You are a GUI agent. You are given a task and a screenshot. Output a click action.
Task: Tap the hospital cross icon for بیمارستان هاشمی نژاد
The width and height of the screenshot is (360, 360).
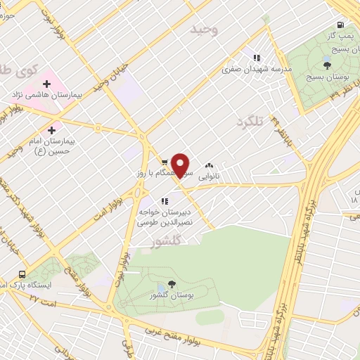[x=46, y=84]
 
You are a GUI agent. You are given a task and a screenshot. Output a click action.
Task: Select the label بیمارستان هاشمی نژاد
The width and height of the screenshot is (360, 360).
[x=48, y=94]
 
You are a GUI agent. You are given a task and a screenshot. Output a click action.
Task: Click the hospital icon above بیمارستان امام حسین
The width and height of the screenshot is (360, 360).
[x=51, y=130]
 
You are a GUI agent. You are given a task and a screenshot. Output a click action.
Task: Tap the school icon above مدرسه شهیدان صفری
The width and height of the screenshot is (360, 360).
[x=257, y=57]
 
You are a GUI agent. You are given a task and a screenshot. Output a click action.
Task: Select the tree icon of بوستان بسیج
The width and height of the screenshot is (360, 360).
[x=329, y=50]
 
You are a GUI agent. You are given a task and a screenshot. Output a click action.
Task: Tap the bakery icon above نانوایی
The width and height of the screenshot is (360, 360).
[x=209, y=166]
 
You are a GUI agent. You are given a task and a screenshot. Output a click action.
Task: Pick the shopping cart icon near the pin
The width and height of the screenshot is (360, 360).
[x=164, y=160]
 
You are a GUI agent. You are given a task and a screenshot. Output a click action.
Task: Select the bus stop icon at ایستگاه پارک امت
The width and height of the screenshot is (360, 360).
[x=22, y=275]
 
